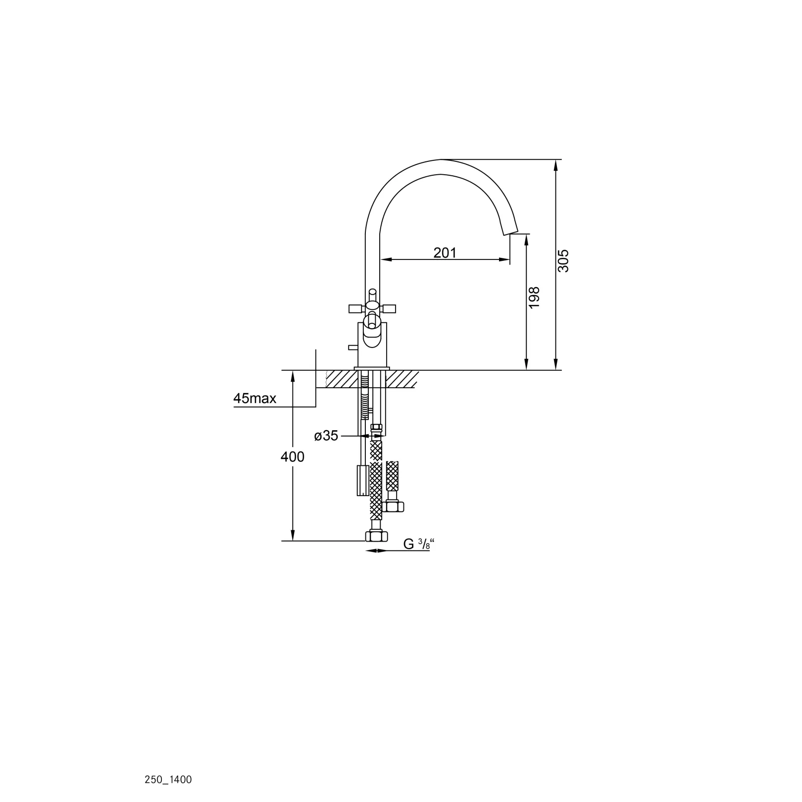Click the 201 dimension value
coord(445,252)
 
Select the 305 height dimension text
coord(563,260)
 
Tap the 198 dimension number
coord(534,298)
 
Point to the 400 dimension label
coord(293,457)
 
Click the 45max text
coord(254,398)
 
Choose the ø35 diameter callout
coord(326,436)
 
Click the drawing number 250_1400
coord(168,780)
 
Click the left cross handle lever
coord(357,309)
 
